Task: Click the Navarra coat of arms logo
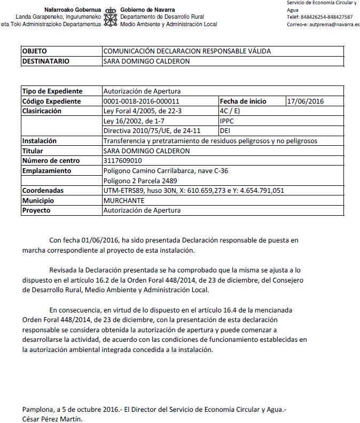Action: [111, 17]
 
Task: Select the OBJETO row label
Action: [35, 51]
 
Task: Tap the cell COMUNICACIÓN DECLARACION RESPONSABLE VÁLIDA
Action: [187, 51]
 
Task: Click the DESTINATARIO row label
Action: [46, 61]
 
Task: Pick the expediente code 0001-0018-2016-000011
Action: [141, 101]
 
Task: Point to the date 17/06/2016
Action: [306, 101]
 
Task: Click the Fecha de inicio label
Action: [244, 101]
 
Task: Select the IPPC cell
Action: [227, 121]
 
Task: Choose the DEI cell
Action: [225, 131]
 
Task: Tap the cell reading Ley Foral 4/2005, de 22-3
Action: [143, 111]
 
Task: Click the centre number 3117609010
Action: [123, 161]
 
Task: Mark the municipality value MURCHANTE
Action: [123, 200]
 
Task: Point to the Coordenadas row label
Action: [43, 191]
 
